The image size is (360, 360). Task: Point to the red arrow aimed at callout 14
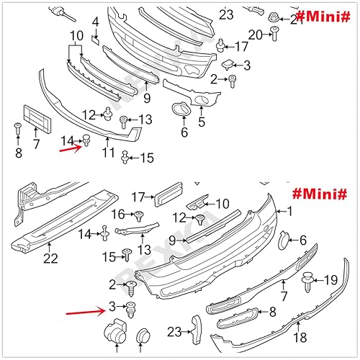click(69, 150)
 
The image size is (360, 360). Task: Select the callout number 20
click(255, 35)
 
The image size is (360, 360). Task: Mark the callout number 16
click(118, 214)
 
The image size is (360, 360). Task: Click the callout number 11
click(108, 153)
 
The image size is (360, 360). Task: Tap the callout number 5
click(202, 122)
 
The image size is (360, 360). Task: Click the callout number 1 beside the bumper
click(290, 212)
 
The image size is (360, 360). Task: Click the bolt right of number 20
click(275, 31)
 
